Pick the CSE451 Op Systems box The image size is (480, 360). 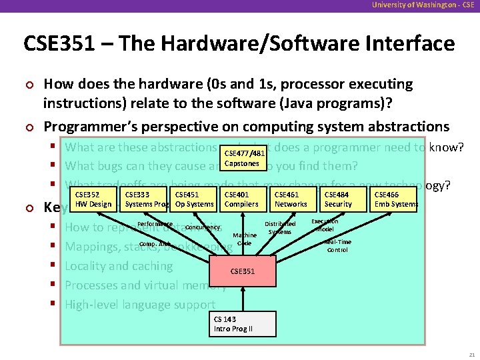(x=194, y=199)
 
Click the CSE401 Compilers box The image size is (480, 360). (x=241, y=199)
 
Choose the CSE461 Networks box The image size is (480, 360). (x=291, y=199)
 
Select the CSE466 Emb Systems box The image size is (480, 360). (x=395, y=199)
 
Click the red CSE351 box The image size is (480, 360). (x=241, y=271)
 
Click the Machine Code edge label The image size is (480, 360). (x=245, y=239)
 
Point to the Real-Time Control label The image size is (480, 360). (x=337, y=245)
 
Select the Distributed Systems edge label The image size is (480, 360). (x=280, y=228)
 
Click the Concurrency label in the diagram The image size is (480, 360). (x=203, y=227)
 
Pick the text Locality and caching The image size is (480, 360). (x=119, y=265)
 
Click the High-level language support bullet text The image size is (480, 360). (x=140, y=305)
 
